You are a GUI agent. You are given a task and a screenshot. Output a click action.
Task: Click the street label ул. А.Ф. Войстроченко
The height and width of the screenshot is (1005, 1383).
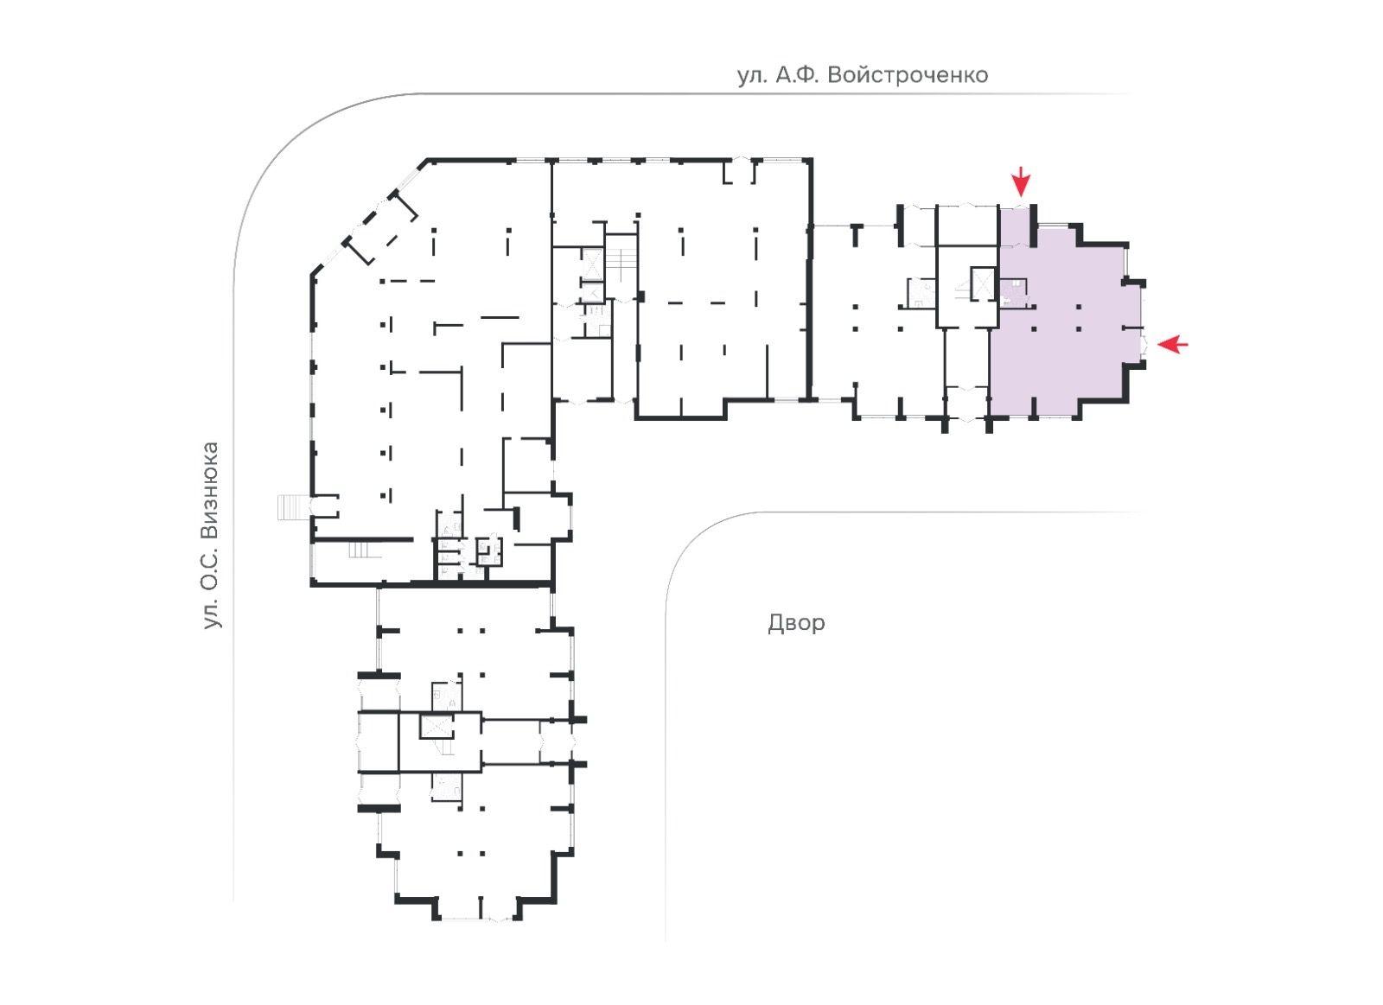point(863,75)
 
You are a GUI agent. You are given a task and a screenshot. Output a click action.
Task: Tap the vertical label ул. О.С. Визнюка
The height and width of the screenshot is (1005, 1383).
point(211,535)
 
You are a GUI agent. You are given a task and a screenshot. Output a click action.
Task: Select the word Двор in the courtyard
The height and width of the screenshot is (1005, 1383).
point(796,623)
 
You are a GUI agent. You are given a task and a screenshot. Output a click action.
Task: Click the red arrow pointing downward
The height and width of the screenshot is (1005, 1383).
point(1021,181)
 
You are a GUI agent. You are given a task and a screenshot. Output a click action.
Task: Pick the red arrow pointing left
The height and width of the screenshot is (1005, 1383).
point(1172,344)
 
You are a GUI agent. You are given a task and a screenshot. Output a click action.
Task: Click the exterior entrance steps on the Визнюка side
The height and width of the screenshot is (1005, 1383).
point(291,507)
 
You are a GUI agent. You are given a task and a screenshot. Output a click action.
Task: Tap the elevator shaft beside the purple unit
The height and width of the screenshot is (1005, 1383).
point(983,283)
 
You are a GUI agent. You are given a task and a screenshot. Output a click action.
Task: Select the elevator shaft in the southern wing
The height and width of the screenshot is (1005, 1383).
point(437,726)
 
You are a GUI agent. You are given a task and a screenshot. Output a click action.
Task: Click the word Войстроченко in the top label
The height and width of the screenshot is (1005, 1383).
point(908,75)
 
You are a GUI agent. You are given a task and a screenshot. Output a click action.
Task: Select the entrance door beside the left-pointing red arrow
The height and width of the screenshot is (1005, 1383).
point(1143,344)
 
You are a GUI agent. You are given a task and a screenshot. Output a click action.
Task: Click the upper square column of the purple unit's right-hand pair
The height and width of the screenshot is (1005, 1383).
point(1080,306)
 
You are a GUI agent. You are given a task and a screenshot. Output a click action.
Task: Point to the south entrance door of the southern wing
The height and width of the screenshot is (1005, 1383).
point(479,918)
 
